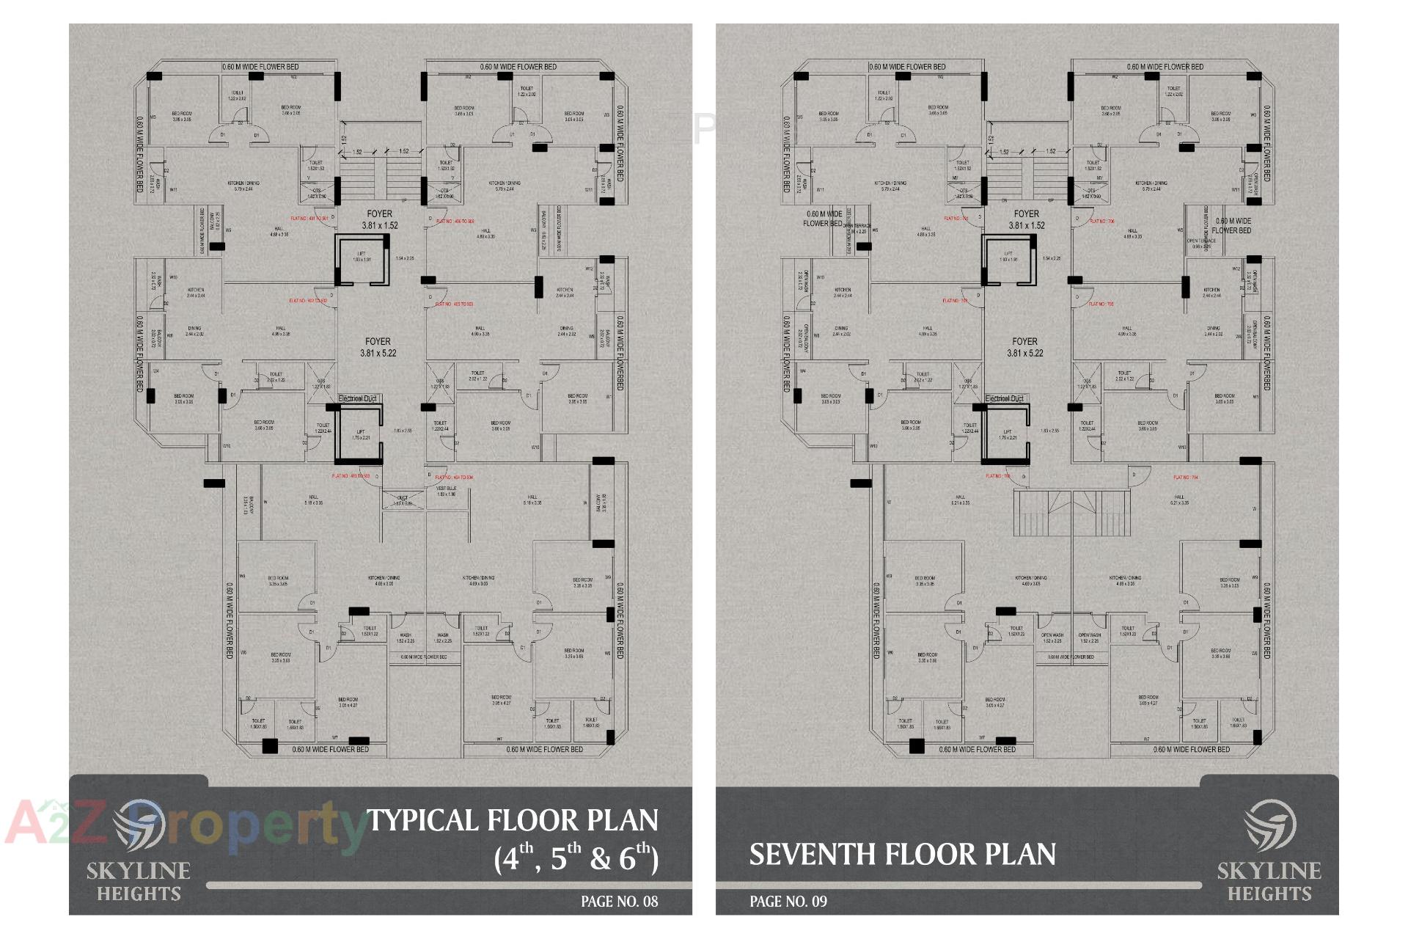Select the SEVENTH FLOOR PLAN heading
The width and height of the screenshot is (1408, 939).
pyautogui.click(x=902, y=855)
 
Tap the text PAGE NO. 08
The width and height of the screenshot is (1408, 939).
pyautogui.click(x=619, y=902)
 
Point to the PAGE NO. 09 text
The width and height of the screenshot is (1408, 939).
pyautogui.click(x=788, y=902)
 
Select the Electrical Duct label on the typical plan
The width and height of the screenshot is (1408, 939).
pyautogui.click(x=357, y=398)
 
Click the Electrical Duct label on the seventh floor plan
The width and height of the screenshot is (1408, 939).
pyautogui.click(x=1004, y=398)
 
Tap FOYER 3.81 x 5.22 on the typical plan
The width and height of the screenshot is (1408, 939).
pyautogui.click(x=378, y=347)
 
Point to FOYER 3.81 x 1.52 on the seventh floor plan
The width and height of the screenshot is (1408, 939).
pyautogui.click(x=1026, y=219)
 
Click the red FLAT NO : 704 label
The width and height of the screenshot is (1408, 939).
pyautogui.click(x=1186, y=478)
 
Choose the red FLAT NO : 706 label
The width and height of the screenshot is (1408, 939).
pyautogui.click(x=1101, y=221)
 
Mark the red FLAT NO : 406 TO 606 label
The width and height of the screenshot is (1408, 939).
pyautogui.click(x=455, y=221)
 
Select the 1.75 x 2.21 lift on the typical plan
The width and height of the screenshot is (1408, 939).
pyautogui.click(x=361, y=435)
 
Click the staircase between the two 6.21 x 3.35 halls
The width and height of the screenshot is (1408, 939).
pyautogui.click(x=1071, y=514)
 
